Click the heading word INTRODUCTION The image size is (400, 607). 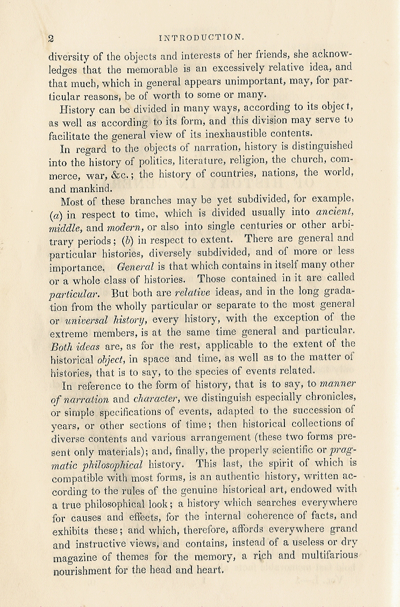pos(202,37)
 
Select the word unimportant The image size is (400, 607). pos(247,82)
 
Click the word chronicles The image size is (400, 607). pos(328,397)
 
